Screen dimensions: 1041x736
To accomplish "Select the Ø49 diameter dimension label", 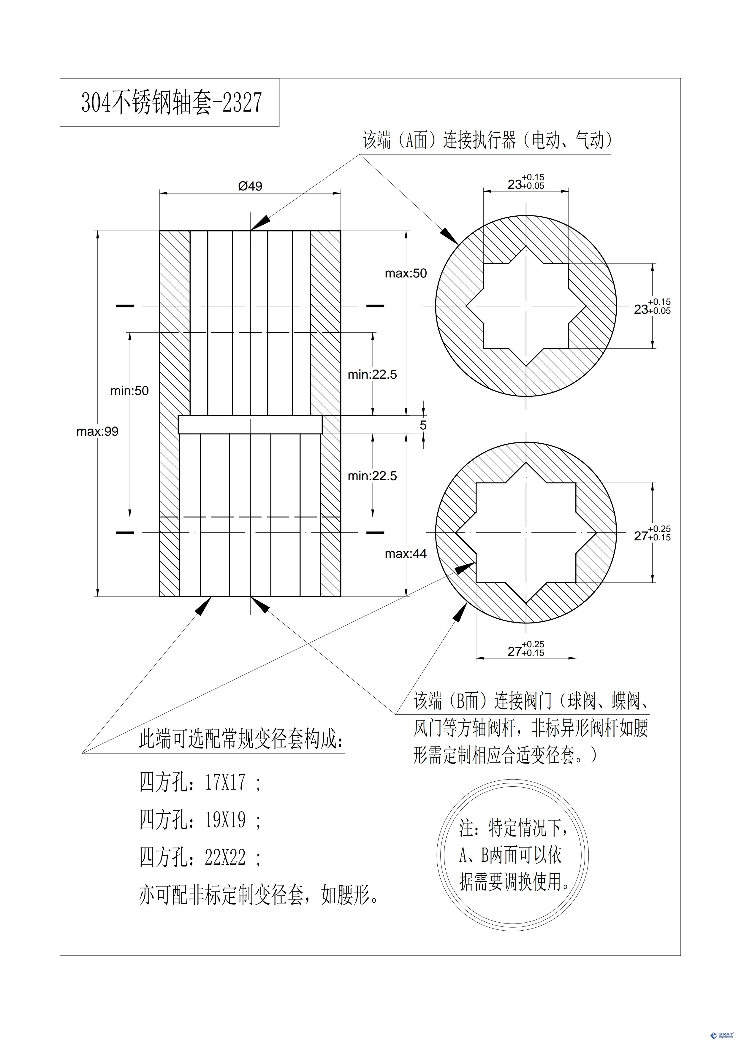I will (250, 186).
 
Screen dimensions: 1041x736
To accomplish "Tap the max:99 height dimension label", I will (97, 431).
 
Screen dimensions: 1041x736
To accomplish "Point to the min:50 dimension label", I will (129, 391).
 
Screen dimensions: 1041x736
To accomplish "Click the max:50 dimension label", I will (406, 273).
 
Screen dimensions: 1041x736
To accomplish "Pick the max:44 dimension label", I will (406, 554).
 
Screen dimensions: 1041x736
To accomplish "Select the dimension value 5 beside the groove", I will (423, 425).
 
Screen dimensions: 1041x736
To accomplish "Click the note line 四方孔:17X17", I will (200, 782).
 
